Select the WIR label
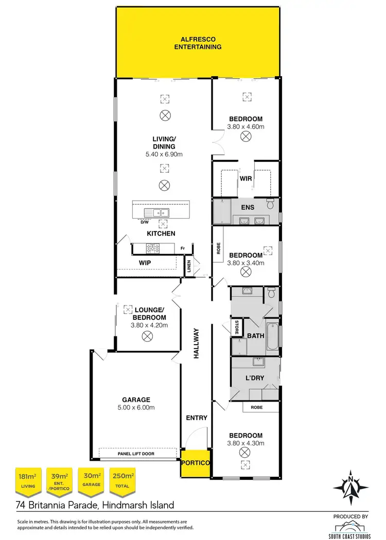click(x=245, y=178)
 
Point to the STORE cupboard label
click(x=237, y=327)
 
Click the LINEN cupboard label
click(x=189, y=267)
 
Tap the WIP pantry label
click(x=145, y=263)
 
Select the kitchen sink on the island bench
click(x=158, y=212)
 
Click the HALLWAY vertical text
click(x=196, y=343)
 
